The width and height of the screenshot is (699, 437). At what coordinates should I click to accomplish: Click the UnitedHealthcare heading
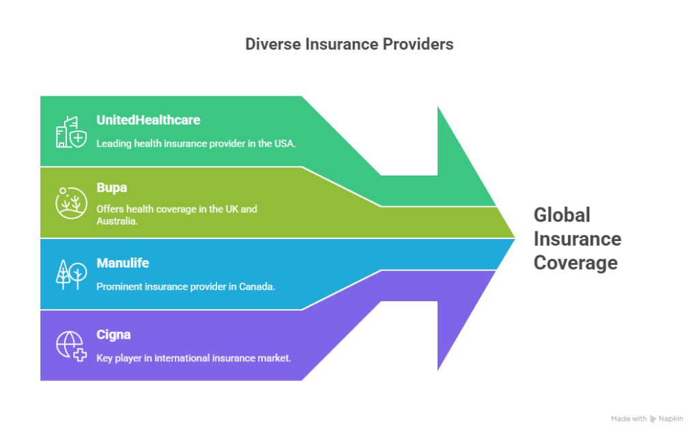[148, 120]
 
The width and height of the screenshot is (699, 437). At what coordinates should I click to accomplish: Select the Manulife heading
[122, 263]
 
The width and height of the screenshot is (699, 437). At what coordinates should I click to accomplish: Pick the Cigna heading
[113, 335]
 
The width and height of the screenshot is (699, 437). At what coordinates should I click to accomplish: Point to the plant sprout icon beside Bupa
[71, 202]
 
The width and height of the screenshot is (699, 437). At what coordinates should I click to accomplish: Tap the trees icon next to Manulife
[71, 274]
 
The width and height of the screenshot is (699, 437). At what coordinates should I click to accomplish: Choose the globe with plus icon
[71, 346]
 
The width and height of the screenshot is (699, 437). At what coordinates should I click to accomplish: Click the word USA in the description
[284, 143]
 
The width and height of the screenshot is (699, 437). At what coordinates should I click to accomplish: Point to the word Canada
[257, 287]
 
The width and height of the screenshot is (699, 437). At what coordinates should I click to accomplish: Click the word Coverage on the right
[575, 263]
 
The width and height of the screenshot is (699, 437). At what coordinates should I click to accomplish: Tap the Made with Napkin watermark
[646, 419]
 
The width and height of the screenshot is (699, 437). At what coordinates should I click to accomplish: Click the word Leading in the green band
[113, 143]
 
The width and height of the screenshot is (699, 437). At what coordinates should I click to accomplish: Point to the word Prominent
[120, 287]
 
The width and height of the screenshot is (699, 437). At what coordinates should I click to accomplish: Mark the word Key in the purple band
[104, 357]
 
